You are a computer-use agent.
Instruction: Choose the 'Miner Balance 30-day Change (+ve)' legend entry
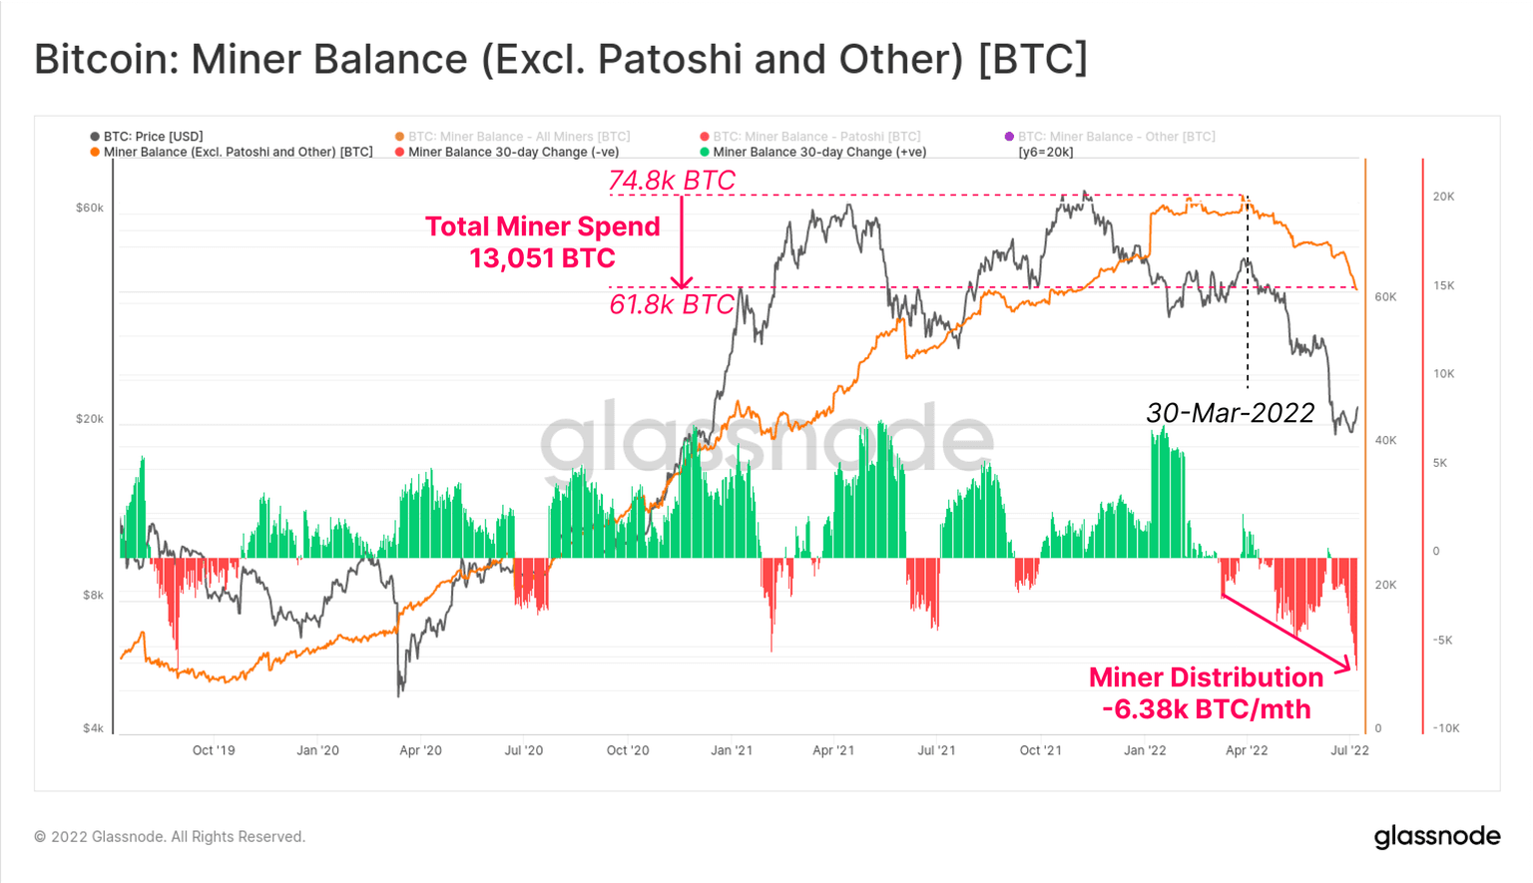click(818, 152)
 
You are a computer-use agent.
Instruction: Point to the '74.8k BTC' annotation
click(672, 181)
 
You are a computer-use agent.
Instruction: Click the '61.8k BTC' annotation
click(672, 304)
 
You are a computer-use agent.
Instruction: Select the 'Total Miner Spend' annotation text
click(543, 226)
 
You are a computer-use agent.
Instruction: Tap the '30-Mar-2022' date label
click(1231, 413)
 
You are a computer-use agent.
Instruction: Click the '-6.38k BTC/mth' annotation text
click(1206, 709)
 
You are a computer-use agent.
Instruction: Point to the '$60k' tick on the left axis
click(90, 208)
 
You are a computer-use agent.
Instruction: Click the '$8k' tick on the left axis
click(93, 595)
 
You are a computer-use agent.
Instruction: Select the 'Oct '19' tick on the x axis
click(214, 750)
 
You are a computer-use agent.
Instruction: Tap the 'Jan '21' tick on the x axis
click(732, 750)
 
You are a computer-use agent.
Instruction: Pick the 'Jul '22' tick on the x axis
click(1349, 750)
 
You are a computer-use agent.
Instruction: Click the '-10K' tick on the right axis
click(1445, 728)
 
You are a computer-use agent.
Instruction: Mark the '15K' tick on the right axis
click(1443, 285)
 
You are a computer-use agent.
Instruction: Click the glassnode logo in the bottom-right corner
click(1436, 836)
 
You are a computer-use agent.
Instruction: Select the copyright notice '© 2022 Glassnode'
click(170, 837)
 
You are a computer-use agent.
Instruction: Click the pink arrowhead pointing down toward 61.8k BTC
click(682, 282)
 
